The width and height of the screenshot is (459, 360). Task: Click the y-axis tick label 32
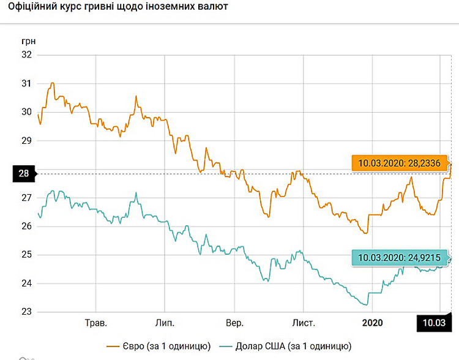click(x=26, y=54)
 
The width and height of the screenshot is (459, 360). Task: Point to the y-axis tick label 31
click(x=26, y=83)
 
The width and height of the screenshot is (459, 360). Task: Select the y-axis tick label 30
click(x=26, y=112)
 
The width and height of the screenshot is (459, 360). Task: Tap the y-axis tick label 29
click(x=26, y=140)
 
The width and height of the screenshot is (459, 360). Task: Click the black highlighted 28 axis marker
click(x=23, y=173)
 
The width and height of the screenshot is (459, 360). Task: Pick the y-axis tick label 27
click(x=26, y=198)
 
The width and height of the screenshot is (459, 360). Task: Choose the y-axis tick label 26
click(x=26, y=226)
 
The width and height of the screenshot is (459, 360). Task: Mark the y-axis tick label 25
click(x=26, y=255)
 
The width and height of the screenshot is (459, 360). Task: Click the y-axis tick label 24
click(x=26, y=283)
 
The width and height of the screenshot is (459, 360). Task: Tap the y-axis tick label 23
click(x=26, y=312)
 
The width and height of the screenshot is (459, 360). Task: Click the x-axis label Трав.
click(x=95, y=323)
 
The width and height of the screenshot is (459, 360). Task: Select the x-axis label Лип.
click(x=165, y=323)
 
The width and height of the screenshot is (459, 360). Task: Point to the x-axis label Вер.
click(x=234, y=323)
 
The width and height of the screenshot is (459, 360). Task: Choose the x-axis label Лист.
click(x=304, y=323)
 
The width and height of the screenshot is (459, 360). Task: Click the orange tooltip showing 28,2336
click(x=400, y=163)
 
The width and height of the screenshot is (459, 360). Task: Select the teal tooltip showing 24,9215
click(x=400, y=258)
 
